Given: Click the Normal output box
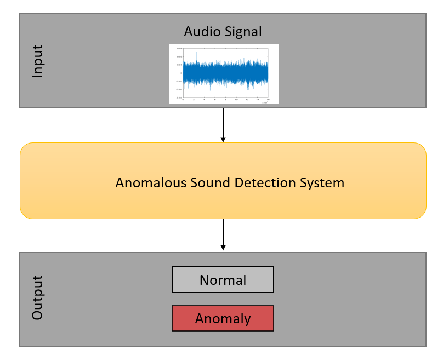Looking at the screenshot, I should (x=223, y=280).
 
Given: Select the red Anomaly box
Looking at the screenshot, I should (x=223, y=318).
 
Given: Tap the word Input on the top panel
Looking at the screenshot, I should (x=37, y=61).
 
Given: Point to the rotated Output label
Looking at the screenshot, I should (x=37, y=298).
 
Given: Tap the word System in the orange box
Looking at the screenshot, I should (x=323, y=182).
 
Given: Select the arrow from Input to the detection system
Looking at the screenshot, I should (x=223, y=125).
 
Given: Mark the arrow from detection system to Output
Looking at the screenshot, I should (x=223, y=235).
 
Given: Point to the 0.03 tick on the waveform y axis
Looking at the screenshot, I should (x=179, y=49).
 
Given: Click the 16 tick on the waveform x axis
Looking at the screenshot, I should (x=268, y=100).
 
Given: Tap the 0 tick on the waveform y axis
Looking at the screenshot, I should (x=181, y=73).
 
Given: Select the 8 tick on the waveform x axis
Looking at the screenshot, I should (x=225, y=100).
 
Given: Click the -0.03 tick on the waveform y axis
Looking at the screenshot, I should (x=179, y=97).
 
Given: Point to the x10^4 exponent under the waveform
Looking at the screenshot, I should (x=266, y=102).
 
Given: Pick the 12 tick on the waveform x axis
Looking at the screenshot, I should (x=247, y=100).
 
